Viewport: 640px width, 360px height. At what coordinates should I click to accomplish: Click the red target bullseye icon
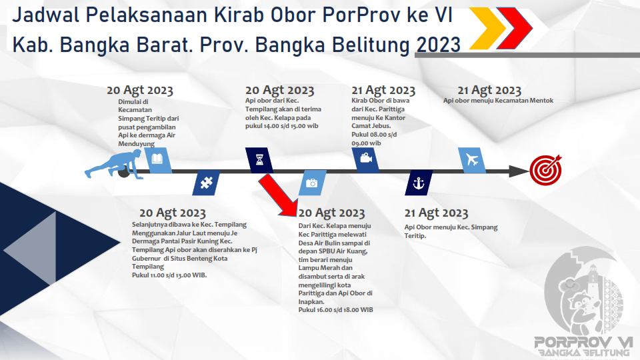pyautogui.click(x=546, y=170)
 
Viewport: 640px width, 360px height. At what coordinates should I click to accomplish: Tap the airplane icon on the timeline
pyautogui.click(x=472, y=159)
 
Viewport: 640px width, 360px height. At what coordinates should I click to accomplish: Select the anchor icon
pyautogui.click(x=419, y=183)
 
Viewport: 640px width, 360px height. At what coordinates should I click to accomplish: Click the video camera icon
pyautogui.click(x=366, y=158)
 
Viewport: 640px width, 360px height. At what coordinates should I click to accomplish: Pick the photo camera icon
pyautogui.click(x=312, y=183)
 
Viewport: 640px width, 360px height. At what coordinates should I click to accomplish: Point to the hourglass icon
pyautogui.click(x=259, y=159)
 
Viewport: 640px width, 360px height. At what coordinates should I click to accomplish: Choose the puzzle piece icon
pyautogui.click(x=207, y=183)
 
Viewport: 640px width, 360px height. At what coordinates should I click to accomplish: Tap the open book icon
pyautogui.click(x=157, y=159)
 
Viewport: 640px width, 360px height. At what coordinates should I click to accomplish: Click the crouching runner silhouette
pyautogui.click(x=113, y=164)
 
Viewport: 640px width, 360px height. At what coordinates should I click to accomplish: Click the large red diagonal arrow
pyautogui.click(x=279, y=195)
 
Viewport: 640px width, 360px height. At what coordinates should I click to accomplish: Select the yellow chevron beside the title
pyautogui.click(x=488, y=28)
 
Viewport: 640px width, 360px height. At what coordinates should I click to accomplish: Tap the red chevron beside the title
pyautogui.click(x=515, y=28)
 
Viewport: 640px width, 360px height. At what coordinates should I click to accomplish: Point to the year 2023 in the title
pyautogui.click(x=439, y=45)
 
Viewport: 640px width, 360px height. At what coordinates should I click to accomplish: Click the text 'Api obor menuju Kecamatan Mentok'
pyautogui.click(x=499, y=101)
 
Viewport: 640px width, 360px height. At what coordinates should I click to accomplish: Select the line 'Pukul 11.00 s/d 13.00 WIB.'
pyautogui.click(x=169, y=275)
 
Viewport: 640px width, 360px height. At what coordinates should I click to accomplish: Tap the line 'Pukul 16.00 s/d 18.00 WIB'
pyautogui.click(x=335, y=310)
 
